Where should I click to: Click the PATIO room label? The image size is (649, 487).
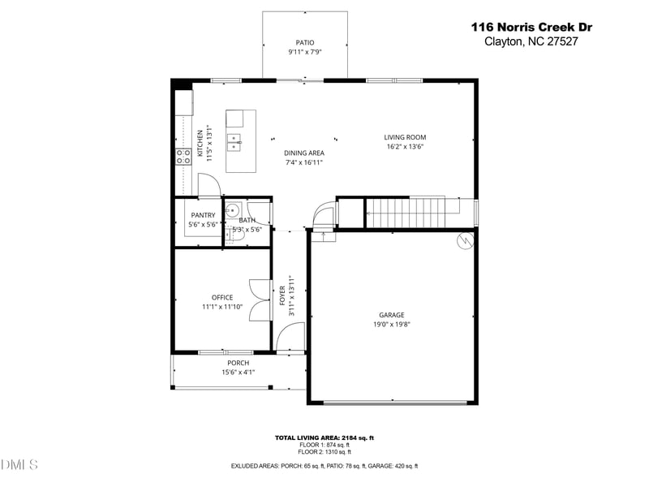[x=304, y=42]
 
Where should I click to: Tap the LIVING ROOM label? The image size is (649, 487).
[x=405, y=137]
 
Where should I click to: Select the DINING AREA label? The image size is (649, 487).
[x=304, y=153]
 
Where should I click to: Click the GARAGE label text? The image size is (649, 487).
[x=391, y=315]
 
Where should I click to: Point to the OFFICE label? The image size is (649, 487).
[x=222, y=297]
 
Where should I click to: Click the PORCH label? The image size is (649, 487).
[x=238, y=363]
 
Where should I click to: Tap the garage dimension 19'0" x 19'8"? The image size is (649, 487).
[x=391, y=325]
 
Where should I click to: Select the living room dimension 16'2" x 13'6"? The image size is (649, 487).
[x=405, y=147]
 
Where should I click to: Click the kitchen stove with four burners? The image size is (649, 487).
[x=183, y=156]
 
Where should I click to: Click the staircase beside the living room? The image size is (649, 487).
[x=405, y=212]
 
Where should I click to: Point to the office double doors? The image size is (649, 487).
[x=260, y=300]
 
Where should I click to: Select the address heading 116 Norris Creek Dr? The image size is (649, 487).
[x=531, y=27]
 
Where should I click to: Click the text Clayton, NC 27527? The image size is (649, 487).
[x=531, y=41]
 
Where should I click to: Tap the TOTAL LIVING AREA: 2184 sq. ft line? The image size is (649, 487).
[x=324, y=438]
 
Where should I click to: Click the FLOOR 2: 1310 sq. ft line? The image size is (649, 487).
[x=324, y=451]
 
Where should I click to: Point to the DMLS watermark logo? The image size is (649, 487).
[x=19, y=464]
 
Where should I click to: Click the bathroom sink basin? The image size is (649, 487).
[x=230, y=208]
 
